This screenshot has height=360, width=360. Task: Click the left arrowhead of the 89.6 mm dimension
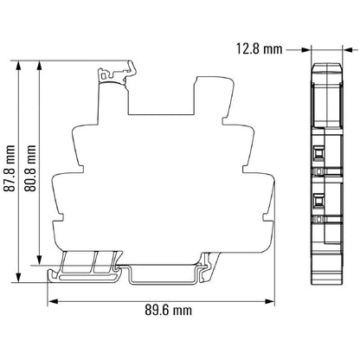click(51, 299)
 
